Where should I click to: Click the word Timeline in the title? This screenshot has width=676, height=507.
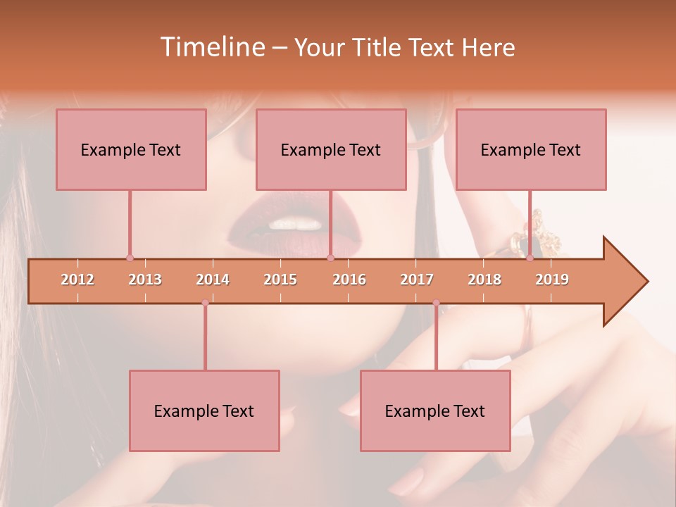211,47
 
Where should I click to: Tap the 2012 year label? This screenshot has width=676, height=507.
77,280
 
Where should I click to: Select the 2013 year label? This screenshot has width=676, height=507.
145,280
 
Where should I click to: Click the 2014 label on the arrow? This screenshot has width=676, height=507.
213,280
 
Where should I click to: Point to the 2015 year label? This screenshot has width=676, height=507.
280,280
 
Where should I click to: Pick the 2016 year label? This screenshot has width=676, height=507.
349,280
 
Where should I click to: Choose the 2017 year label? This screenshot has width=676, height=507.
417,280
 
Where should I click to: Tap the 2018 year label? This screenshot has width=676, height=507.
484,280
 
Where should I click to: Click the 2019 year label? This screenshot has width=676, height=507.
552,280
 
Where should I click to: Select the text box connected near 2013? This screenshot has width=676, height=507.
131,149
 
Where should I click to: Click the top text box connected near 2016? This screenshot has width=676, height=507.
331,149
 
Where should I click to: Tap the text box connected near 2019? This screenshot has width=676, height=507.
531,149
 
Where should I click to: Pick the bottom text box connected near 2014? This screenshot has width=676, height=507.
204,411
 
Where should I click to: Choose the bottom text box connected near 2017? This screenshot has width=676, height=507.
435,411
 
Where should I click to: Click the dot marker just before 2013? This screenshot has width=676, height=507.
130,258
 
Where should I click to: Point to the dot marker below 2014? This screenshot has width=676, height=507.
205,303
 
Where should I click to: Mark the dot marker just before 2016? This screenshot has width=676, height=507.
330,258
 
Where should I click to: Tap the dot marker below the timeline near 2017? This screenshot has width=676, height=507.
436,303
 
